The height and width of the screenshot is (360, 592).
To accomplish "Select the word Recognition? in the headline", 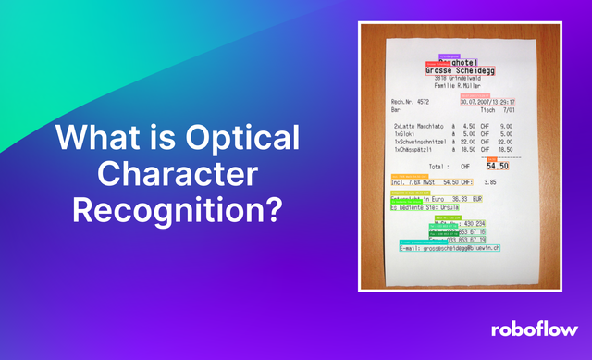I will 178,210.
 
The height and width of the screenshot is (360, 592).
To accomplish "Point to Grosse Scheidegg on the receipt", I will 461,69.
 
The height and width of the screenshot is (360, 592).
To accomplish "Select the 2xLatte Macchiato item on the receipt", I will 419,126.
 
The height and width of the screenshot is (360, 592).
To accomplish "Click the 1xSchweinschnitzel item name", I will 420,142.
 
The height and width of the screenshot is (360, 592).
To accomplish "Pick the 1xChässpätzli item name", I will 415,149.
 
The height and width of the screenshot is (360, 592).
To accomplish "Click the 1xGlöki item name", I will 406,133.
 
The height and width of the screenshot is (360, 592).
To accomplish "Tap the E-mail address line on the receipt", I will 450,249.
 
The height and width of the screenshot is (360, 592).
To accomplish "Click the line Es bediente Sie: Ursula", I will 426,208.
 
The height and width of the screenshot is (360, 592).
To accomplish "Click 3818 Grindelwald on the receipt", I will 460,78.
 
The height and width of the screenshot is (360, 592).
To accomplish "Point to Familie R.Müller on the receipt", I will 460,86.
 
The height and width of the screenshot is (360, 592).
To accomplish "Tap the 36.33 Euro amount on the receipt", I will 460,199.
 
